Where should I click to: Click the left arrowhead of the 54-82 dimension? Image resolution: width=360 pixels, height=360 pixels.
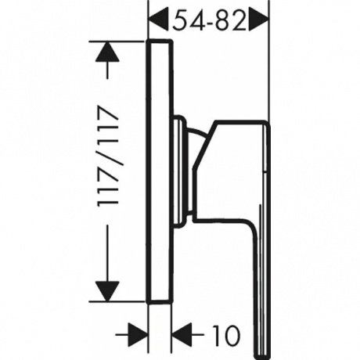click(x=158, y=20)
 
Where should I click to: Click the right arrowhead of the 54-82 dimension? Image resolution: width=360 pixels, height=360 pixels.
click(x=259, y=20)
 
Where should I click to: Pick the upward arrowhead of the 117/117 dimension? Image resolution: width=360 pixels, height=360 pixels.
click(x=107, y=52)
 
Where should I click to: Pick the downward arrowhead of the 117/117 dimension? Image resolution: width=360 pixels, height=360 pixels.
click(x=107, y=291)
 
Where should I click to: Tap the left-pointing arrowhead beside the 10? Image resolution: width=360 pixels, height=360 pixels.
click(x=182, y=334)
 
